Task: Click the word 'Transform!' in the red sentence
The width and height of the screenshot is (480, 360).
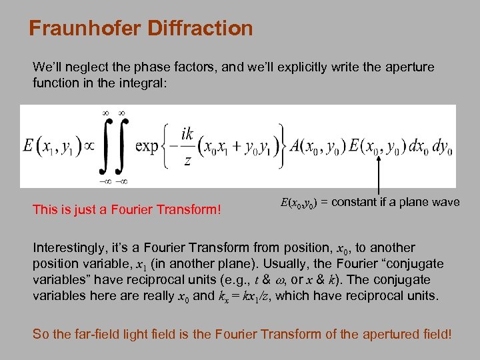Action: click(x=188, y=209)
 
